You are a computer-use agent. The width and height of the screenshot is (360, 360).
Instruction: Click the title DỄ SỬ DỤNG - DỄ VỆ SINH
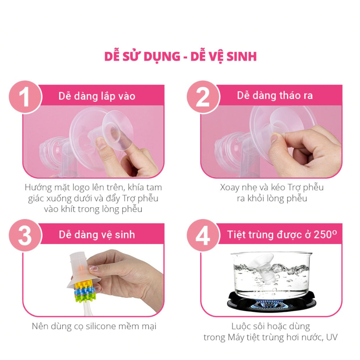click(180, 56)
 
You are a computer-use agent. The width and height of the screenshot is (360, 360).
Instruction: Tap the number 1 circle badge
click(24, 96)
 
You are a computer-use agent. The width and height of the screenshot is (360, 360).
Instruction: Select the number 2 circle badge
click(203, 96)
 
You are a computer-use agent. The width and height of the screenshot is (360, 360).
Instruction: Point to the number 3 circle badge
click(24, 235)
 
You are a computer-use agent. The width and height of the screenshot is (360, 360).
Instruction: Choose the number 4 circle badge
click(203, 235)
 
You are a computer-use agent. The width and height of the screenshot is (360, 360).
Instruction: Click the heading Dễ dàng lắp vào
click(97, 96)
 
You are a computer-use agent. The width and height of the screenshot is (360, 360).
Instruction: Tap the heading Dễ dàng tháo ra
click(275, 96)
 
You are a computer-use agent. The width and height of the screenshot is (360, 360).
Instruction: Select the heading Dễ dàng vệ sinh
click(97, 235)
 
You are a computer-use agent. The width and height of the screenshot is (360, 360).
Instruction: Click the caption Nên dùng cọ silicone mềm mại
click(94, 326)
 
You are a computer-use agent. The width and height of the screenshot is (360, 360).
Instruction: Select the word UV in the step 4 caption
click(332, 337)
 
